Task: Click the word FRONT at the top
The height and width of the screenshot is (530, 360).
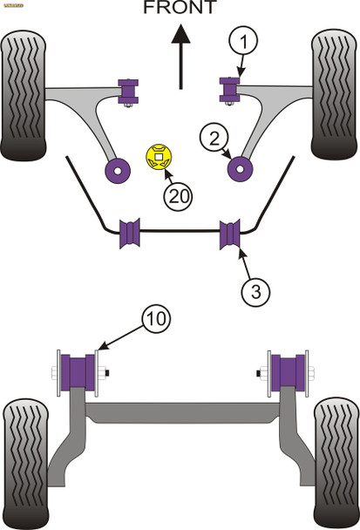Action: click(180, 10)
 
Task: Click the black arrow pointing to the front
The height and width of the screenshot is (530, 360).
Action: click(180, 56)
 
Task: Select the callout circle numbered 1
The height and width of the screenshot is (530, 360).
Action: click(244, 40)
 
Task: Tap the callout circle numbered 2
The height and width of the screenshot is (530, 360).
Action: click(215, 137)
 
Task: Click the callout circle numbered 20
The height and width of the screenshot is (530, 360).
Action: click(179, 198)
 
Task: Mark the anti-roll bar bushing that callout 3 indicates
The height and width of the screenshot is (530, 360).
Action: click(231, 233)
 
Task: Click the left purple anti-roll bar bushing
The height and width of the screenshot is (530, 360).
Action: click(130, 233)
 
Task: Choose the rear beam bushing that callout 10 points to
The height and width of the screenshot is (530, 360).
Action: click(78, 371)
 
